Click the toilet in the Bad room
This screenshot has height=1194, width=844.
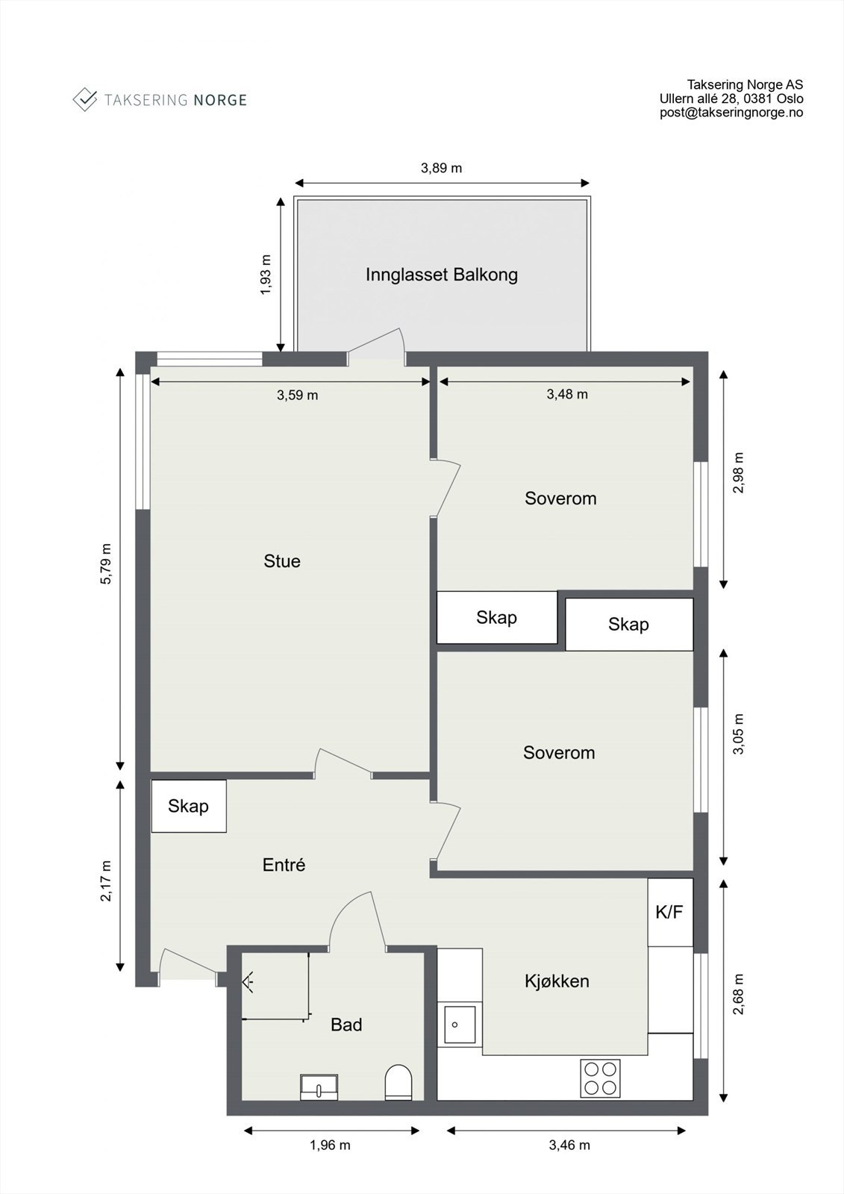click(398, 1082)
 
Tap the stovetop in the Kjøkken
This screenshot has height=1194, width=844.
click(600, 1078)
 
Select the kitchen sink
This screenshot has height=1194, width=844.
click(460, 1024)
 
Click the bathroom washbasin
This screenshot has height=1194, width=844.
click(319, 1087)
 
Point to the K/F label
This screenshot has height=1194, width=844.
click(669, 912)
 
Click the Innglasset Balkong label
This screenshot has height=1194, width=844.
click(442, 275)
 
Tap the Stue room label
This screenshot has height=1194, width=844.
click(282, 561)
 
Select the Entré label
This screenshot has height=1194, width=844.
click(284, 865)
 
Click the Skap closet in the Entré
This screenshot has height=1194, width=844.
click(189, 806)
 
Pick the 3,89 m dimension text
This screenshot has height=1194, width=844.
click(442, 168)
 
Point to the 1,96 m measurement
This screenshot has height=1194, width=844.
click(330, 1145)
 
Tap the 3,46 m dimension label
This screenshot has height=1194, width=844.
click(569, 1145)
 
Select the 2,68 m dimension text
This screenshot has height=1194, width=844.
click(738, 995)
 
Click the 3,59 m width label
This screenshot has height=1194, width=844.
click(298, 395)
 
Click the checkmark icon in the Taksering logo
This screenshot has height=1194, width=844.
click(85, 99)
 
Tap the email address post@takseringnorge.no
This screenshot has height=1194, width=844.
click(731, 113)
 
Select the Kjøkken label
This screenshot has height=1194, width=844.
click(557, 981)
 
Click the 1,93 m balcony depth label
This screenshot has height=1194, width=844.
click(266, 275)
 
